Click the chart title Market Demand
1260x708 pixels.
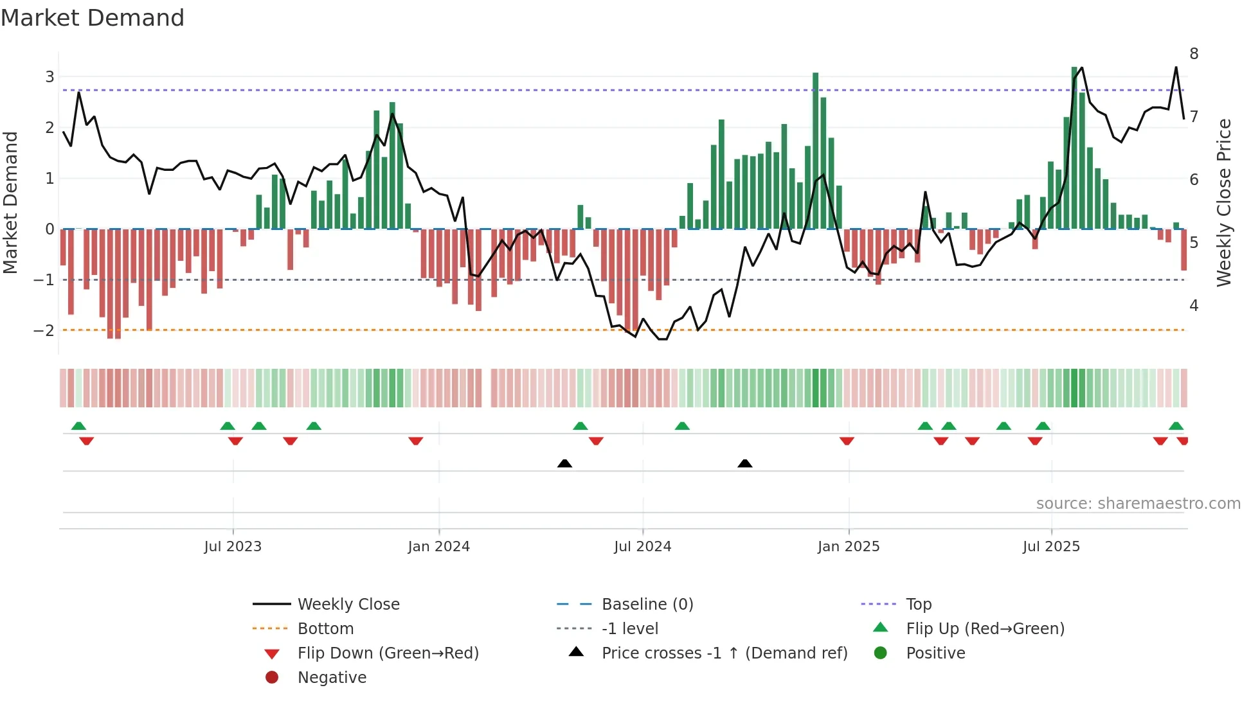pos(93,18)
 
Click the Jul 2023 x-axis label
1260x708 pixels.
pos(233,547)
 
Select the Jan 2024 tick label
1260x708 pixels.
pos(439,547)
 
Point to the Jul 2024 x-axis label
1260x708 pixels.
pos(643,547)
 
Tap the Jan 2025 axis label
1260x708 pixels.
pos(849,547)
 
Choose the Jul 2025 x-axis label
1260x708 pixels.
pos(1052,547)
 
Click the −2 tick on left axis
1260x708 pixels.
pos(44,331)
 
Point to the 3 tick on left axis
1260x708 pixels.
pos(50,77)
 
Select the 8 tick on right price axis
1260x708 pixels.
pos(1194,54)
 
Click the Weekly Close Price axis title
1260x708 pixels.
pos(1224,202)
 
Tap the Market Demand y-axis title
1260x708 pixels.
pos(11,202)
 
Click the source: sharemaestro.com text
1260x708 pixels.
pos(1138,504)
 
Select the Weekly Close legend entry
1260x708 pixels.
pos(348,605)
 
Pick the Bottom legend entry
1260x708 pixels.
pos(325,629)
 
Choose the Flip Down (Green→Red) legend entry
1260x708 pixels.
pos(388,653)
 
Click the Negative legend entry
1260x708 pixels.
pos(332,678)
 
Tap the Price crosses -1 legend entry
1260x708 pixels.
pos(724,653)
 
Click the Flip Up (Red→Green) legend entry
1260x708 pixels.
pos(985,629)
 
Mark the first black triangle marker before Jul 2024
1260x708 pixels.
pos(564,463)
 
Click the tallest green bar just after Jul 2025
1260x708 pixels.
pos(1074,148)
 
